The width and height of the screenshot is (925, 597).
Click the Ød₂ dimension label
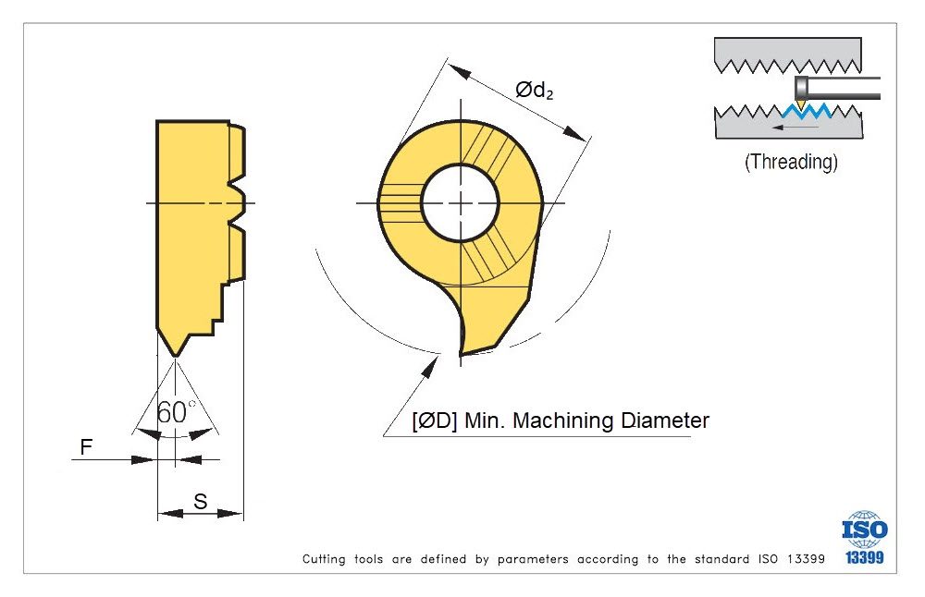(534, 91)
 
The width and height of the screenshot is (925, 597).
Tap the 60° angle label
(176, 413)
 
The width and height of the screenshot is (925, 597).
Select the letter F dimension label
(86, 447)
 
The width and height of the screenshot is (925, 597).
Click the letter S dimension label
(200, 502)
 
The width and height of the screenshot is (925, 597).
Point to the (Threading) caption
(791, 162)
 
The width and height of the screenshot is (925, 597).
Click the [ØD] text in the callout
(434, 421)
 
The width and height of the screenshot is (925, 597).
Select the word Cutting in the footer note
(323, 559)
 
